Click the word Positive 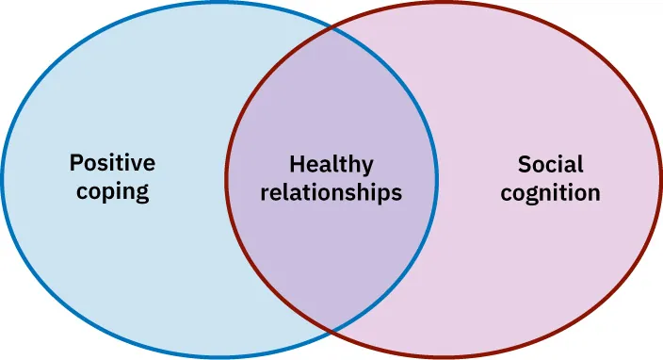[x=112, y=163]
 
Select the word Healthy [x=331, y=164]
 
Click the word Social [x=550, y=164]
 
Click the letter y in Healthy [x=367, y=168]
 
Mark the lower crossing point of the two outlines [x=331, y=330]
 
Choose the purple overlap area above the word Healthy [x=331, y=94]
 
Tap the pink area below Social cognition [x=550, y=273]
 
